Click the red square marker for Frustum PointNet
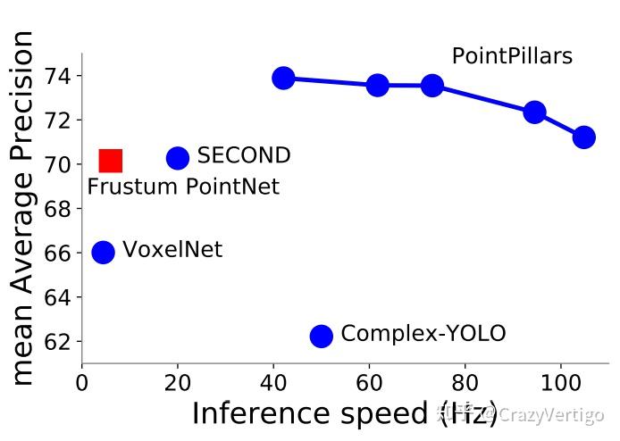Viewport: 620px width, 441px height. [110, 161]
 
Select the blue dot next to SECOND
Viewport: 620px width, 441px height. [178, 158]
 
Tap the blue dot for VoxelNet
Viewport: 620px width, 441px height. [104, 252]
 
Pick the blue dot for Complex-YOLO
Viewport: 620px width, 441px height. [322, 336]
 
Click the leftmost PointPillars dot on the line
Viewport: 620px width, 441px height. [283, 78]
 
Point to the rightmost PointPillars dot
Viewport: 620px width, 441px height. [584, 137]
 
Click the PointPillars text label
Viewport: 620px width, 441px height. [512, 56]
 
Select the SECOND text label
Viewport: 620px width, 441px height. [244, 156]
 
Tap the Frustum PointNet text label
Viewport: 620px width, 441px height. [183, 187]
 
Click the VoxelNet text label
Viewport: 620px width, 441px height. [172, 250]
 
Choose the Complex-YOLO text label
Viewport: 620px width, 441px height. [423, 334]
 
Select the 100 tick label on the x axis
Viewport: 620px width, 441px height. [560, 379]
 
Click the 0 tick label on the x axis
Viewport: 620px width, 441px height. [82, 379]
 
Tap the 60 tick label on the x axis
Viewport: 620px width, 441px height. [369, 379]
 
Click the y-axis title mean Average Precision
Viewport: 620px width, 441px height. [24, 207]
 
